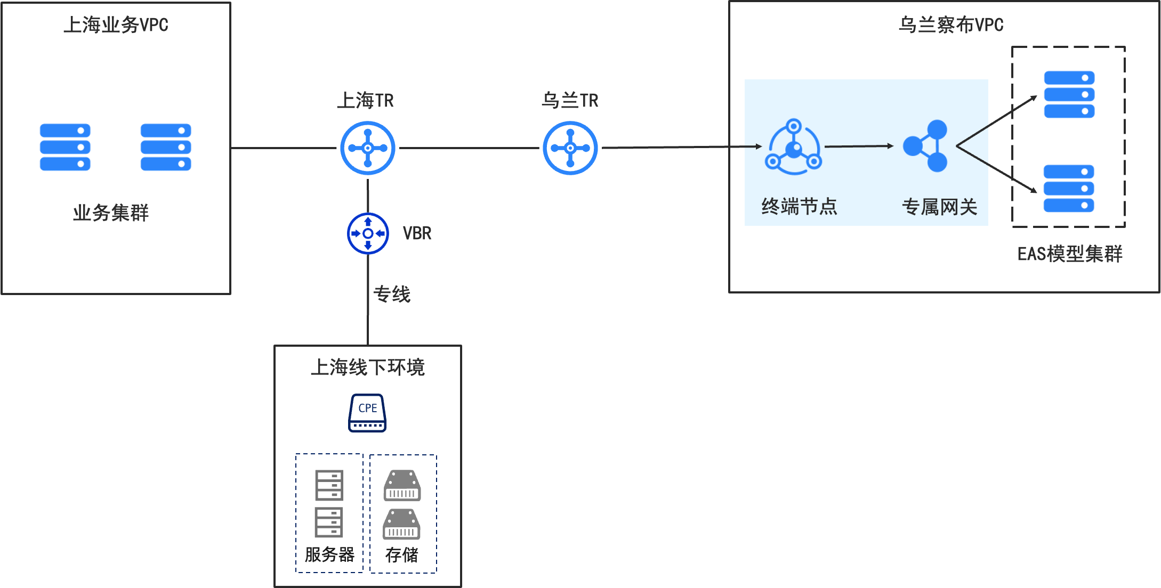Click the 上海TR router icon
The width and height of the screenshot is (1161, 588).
[x=368, y=148]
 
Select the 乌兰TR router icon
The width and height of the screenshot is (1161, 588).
[x=570, y=148]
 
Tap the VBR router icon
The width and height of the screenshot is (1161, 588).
[x=368, y=233]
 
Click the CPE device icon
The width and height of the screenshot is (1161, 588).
[x=367, y=413]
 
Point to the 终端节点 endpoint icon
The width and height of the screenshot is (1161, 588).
[x=794, y=146]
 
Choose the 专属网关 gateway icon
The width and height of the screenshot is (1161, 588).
[x=925, y=146]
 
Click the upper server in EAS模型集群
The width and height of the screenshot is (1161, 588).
[x=1069, y=94]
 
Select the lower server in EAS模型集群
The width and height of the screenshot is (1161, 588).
[x=1069, y=189]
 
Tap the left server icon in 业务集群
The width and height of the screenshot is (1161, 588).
[x=65, y=147]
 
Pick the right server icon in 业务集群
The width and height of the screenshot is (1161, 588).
[x=166, y=147]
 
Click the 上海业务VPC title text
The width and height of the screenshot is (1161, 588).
[x=116, y=25]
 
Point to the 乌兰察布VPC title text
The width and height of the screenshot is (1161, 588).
[x=951, y=25]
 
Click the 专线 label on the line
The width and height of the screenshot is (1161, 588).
[x=392, y=294]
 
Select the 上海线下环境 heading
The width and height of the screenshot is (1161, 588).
[x=368, y=367]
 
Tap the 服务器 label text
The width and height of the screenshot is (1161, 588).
[x=329, y=554]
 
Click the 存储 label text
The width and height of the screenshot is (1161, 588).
[x=402, y=555]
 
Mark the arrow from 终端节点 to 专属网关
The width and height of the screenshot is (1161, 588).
[x=859, y=146]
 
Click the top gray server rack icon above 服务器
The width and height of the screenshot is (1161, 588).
[x=329, y=485]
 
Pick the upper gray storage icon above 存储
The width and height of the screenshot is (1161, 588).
[x=402, y=485]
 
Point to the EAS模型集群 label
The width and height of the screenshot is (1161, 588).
[x=1070, y=254]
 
